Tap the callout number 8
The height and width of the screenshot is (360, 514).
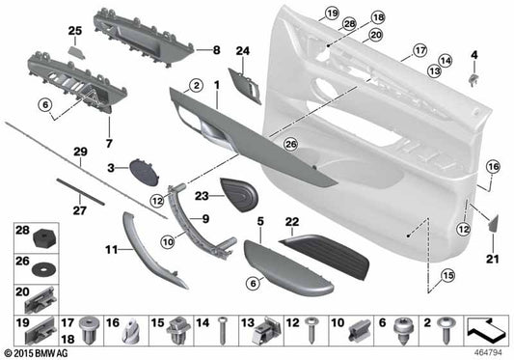(216, 49)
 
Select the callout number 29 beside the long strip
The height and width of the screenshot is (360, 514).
(78, 152)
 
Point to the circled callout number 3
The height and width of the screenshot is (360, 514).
(111, 169)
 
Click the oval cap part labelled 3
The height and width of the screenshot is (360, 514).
(146, 174)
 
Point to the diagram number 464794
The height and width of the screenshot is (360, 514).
(486, 352)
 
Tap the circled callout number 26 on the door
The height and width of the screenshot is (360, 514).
(291, 145)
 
